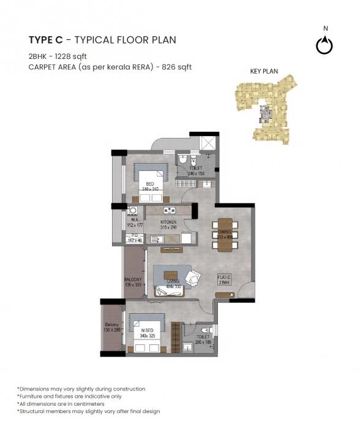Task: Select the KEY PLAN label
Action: click(264, 71)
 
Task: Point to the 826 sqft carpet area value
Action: click(178, 67)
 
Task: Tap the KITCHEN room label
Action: click(168, 222)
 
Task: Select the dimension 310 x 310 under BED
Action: click(150, 189)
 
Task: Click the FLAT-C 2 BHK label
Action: click(225, 279)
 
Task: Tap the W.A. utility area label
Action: click(134, 221)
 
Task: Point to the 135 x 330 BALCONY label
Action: click(133, 282)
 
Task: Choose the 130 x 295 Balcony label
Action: click(112, 328)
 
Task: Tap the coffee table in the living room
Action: click(169, 275)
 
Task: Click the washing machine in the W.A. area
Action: click(132, 211)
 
